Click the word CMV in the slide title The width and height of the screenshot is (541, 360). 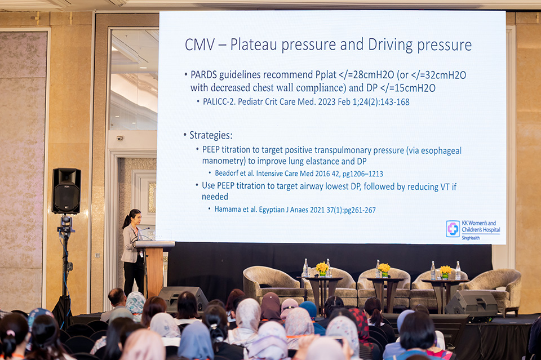coord(199,45)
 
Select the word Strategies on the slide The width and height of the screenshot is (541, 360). coord(211,135)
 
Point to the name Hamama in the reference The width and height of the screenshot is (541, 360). coord(228,210)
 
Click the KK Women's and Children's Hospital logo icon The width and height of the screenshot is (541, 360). coord(453,229)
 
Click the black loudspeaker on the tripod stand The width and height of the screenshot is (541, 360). coord(66,190)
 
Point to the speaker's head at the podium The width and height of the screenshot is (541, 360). coord(134,216)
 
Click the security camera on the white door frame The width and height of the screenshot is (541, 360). coord(119,138)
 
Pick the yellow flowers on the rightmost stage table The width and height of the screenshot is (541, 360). coord(445,271)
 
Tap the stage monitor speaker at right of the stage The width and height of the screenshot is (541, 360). coord(471,304)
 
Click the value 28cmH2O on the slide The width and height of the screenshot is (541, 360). coord(373,75)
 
